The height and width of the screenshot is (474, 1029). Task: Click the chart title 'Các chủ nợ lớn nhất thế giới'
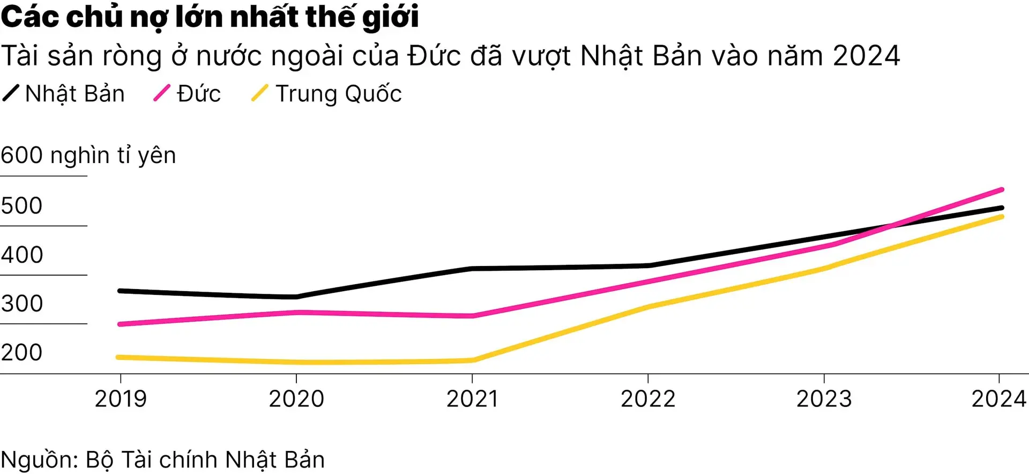(210, 17)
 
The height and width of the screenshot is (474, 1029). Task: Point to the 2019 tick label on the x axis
(121, 399)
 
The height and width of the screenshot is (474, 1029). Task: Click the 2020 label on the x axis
(296, 399)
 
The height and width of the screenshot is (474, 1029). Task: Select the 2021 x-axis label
(472, 399)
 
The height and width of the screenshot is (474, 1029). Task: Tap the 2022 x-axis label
(648, 399)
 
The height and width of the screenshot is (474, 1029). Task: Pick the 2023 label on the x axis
(824, 399)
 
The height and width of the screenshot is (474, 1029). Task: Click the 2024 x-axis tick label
(998, 399)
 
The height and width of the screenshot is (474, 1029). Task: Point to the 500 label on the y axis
(21, 206)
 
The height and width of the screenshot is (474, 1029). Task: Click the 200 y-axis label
(21, 353)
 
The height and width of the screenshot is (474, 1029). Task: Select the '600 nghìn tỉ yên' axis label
(88, 155)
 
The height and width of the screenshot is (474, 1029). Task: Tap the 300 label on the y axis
(21, 304)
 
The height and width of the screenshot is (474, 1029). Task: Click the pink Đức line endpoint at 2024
(1001, 190)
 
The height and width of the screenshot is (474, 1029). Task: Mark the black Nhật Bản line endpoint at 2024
(1001, 208)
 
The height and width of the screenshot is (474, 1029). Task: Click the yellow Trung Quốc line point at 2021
(472, 360)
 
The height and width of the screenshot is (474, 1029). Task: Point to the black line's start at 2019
(120, 291)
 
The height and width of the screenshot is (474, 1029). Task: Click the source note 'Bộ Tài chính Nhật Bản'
(205, 460)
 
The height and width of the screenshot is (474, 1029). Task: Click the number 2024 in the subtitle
(867, 56)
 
